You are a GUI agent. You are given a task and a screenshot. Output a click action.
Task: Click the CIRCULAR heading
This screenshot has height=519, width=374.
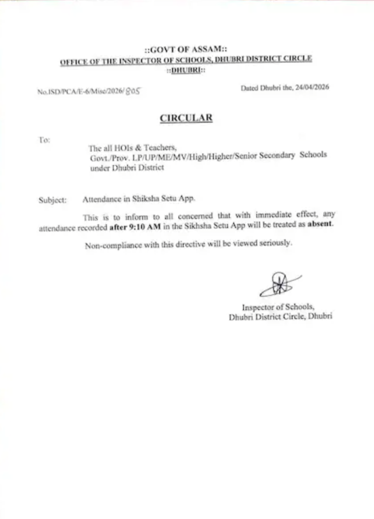point(186,118)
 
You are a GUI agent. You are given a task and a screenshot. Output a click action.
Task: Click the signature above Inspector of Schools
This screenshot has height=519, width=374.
point(278,286)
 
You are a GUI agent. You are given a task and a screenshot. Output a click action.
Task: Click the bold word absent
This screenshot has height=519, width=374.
point(320,224)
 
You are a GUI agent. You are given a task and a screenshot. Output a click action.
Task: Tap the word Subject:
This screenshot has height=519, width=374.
point(52,200)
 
